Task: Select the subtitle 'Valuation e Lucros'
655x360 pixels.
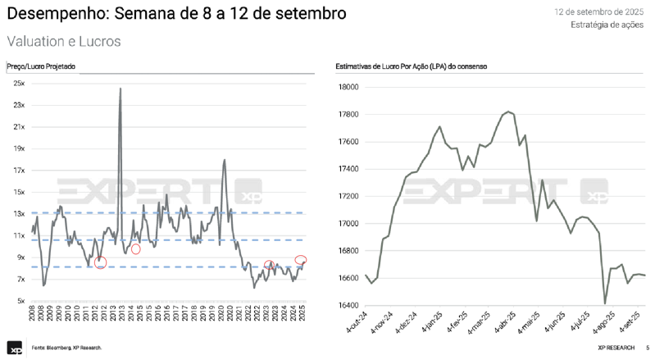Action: point(64,41)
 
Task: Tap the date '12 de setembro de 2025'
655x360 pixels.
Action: point(598,12)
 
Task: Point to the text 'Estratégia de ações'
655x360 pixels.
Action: point(607,25)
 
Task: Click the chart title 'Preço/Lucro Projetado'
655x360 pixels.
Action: point(41,66)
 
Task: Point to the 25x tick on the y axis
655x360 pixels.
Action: point(18,84)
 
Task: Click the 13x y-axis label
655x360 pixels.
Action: point(18,213)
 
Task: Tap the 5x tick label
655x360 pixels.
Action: point(20,300)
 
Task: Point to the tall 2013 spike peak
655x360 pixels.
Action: point(121,89)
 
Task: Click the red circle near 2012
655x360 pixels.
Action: point(100,262)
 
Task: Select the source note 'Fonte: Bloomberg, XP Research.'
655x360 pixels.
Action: point(67,349)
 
